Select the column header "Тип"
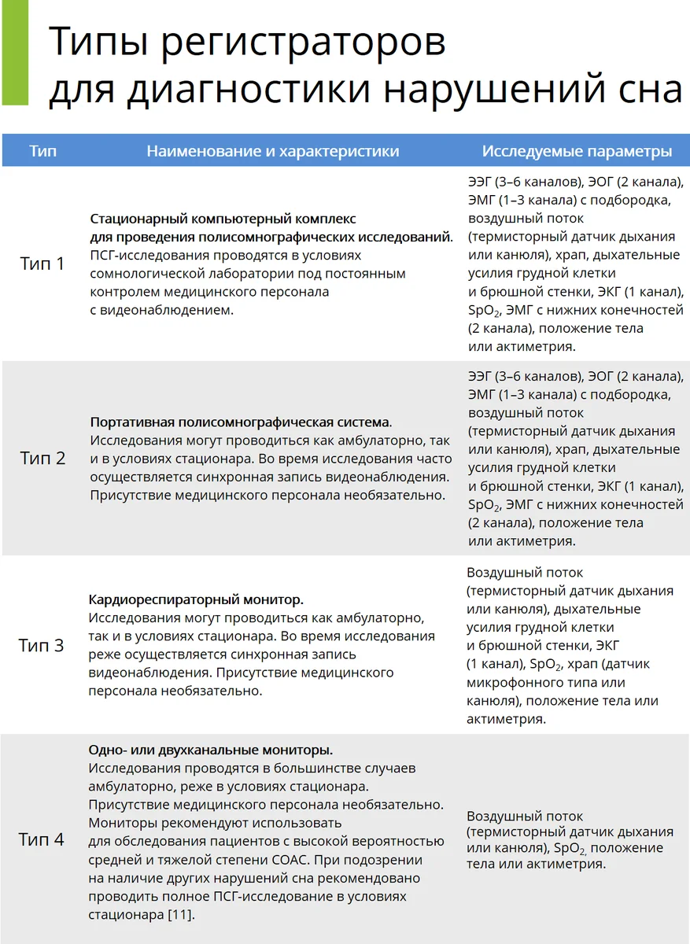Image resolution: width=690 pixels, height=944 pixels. click(42, 151)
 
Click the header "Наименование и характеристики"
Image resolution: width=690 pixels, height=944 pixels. click(272, 151)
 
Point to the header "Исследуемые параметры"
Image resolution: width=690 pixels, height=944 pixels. click(577, 151)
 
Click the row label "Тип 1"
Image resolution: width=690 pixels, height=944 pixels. click(42, 264)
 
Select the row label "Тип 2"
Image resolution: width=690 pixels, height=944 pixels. click(42, 458)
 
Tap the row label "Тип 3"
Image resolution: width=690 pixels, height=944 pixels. click(42, 646)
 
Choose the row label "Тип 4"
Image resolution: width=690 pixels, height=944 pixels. click(42, 839)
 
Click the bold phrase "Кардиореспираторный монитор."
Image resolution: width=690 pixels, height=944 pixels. click(196, 599)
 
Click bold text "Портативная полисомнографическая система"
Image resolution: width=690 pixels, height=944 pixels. click(239, 422)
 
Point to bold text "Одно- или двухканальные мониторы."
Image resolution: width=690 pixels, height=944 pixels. click(210, 750)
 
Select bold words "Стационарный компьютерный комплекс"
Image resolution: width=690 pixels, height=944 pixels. click(223, 219)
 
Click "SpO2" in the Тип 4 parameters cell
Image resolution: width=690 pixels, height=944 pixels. click(567, 848)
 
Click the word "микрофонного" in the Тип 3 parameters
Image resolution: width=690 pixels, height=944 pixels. click(511, 682)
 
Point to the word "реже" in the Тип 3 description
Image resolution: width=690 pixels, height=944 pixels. click(106, 655)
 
